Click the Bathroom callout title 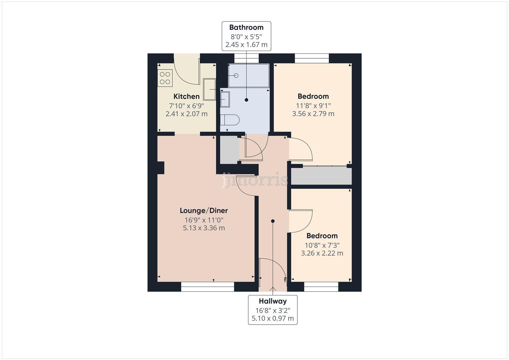click(246, 27)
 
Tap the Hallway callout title click(273, 301)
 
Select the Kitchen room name click(186, 96)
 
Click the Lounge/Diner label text click(204, 210)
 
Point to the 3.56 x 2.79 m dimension click(313, 114)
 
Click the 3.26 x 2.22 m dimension click(322, 253)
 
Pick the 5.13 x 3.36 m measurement click(204, 228)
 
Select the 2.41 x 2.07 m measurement click(186, 114)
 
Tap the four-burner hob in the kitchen click(165, 78)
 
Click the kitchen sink click(210, 89)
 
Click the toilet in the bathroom click(230, 120)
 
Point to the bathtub click(248, 76)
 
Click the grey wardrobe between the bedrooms click(321, 176)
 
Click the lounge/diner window click(207, 287)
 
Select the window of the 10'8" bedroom click(321, 287)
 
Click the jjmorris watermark click(255, 180)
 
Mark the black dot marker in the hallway click(273, 221)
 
